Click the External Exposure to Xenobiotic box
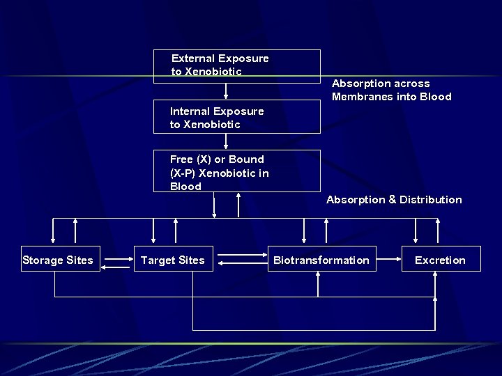pos(237,65)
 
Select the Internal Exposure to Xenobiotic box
pos(237,118)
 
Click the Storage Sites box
pos(58,260)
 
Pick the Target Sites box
pos(173,260)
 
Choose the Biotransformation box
pos(321,260)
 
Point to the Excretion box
pos(440,260)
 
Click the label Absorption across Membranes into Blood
pos(391,90)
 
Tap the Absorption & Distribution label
pos(394,200)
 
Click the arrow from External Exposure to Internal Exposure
pos(226,91)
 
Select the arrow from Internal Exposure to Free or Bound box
pos(226,141)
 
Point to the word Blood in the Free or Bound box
pos(185,187)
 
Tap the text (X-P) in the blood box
pos(183,173)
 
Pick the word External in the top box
pos(193,58)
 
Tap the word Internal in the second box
pos(190,111)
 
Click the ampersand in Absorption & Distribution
pos(392,200)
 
